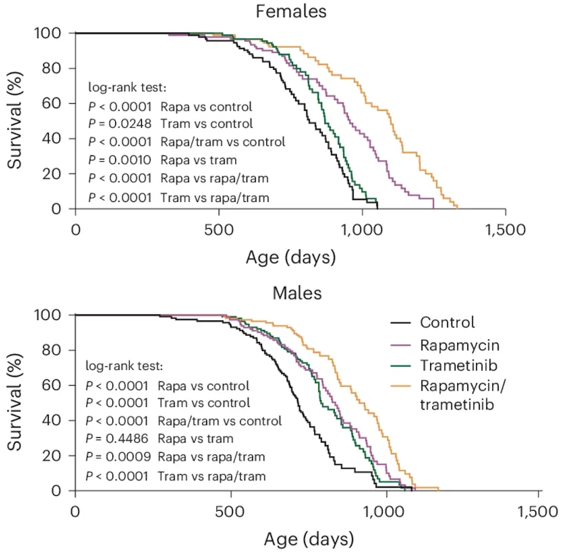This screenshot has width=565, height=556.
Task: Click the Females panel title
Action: pyautogui.click(x=291, y=11)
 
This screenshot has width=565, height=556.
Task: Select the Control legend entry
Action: pyautogui.click(x=447, y=323)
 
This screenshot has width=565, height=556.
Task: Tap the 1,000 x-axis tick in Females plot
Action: pyautogui.click(x=362, y=230)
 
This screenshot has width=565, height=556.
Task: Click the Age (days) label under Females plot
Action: pyautogui.click(x=290, y=257)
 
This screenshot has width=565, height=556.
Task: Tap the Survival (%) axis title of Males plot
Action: pyautogui.click(x=15, y=402)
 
